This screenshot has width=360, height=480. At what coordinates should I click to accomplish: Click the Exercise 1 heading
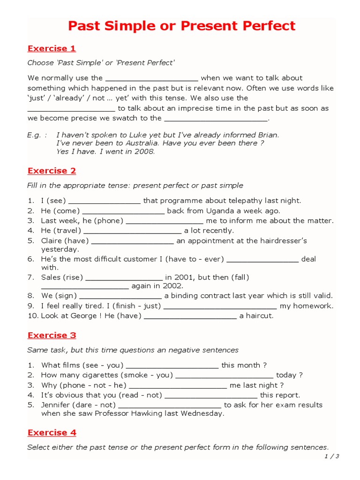[52, 48]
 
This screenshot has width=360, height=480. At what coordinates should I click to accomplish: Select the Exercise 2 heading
[52, 171]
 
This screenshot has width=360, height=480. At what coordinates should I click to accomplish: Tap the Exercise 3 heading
[52, 335]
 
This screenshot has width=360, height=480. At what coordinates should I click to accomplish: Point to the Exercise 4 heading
[52, 433]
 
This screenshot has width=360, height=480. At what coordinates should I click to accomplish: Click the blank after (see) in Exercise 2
[105, 202]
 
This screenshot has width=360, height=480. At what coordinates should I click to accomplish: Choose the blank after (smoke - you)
[225, 376]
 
